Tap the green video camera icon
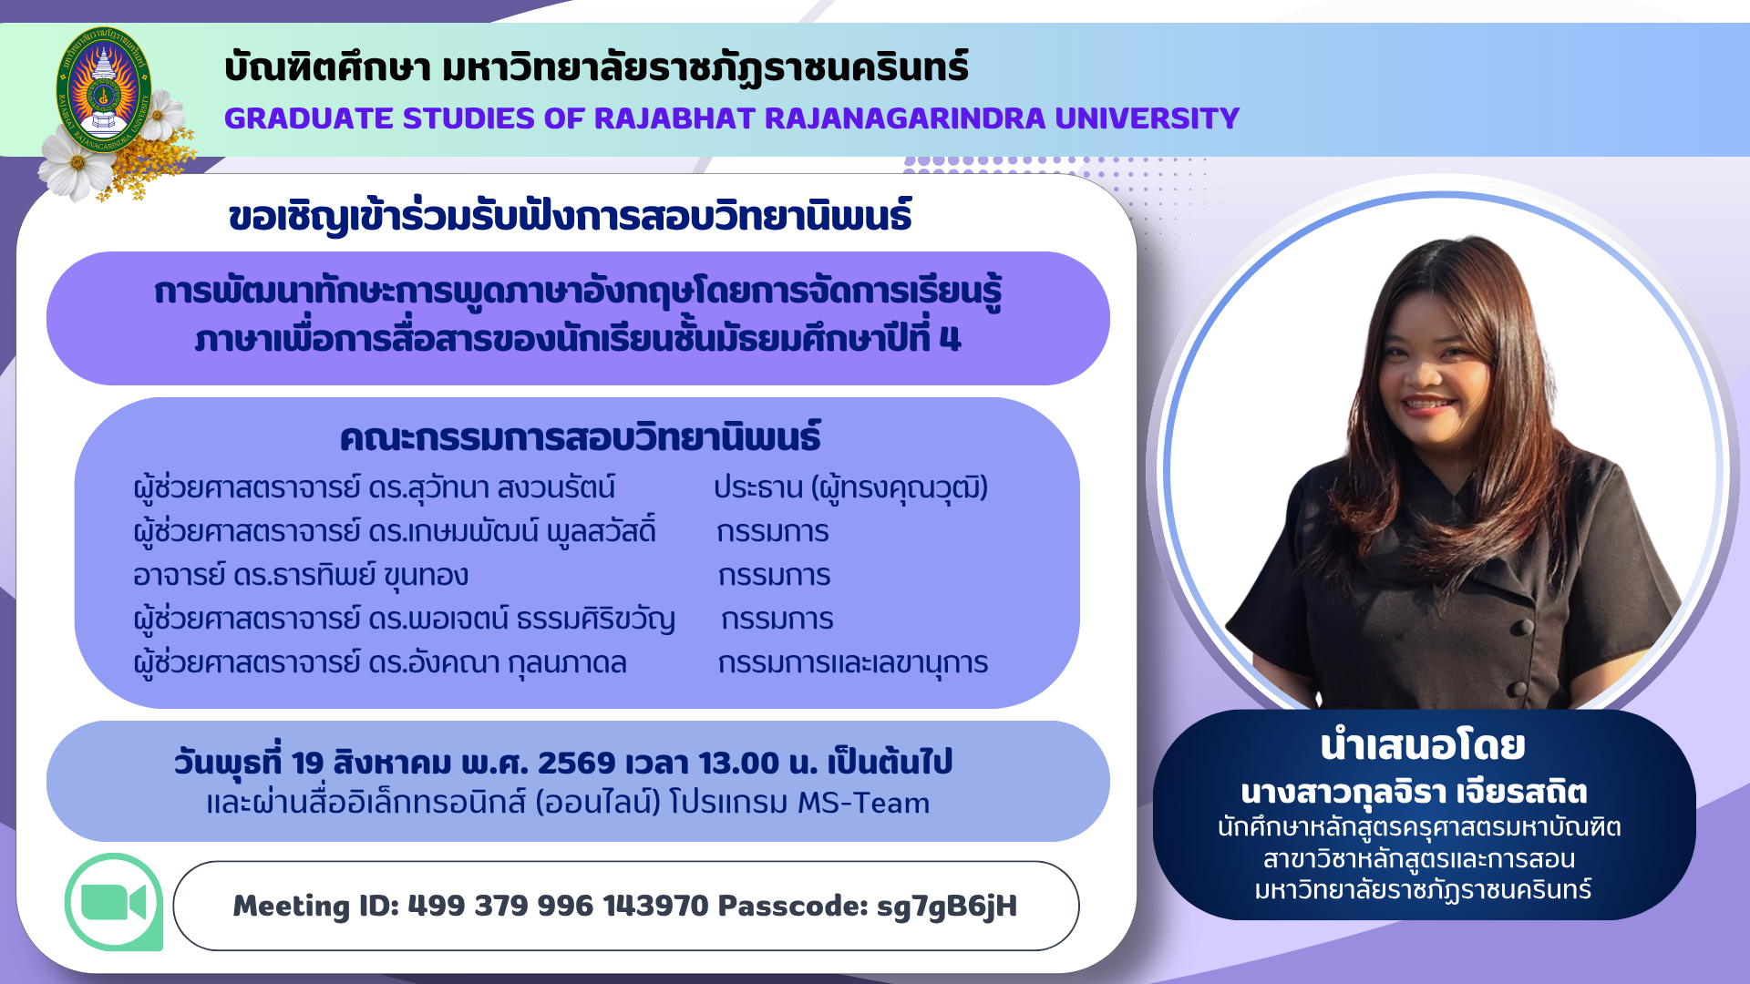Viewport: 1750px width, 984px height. (114, 903)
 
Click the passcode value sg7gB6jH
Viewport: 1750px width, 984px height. (946, 907)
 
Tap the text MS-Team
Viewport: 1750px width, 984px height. (863, 803)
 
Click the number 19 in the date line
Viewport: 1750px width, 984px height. (308, 763)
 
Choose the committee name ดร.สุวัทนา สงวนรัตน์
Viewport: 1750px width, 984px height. (491, 487)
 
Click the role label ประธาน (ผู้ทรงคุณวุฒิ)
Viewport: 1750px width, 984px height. (850, 487)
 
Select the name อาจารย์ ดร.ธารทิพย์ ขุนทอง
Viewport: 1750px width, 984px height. (301, 576)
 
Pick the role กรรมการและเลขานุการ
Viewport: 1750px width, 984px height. (853, 663)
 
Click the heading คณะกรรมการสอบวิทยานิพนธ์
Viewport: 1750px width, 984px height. (580, 437)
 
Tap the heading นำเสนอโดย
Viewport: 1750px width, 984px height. (1423, 745)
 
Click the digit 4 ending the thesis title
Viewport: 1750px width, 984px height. (950, 339)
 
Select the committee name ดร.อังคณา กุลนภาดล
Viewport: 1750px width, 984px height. (498, 663)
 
